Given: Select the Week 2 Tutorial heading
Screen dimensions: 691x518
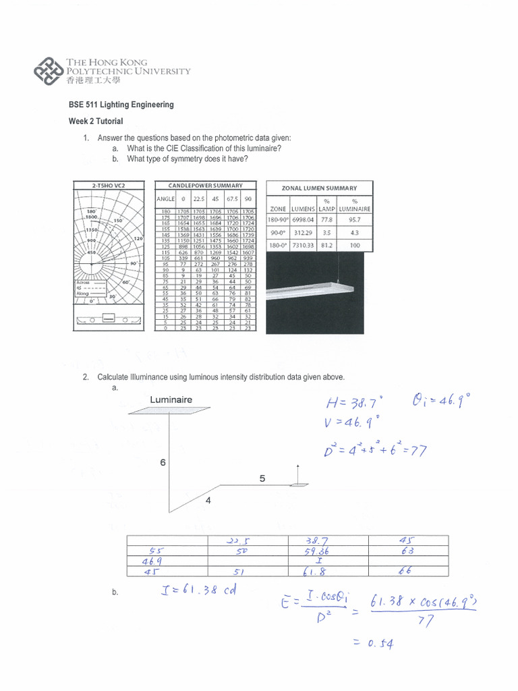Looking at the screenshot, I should [96, 121].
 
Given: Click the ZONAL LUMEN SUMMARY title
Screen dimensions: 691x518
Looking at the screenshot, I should [319, 188].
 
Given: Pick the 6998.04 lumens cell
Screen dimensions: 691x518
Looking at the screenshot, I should [304, 219].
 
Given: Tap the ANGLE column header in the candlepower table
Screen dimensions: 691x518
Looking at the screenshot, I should [165, 198].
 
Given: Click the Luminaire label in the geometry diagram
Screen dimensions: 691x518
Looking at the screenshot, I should [171, 399].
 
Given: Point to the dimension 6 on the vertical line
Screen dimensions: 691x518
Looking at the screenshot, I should [162, 464].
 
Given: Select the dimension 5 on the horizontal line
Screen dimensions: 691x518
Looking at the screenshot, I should [262, 478].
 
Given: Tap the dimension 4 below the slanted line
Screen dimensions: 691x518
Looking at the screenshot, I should [208, 501].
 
